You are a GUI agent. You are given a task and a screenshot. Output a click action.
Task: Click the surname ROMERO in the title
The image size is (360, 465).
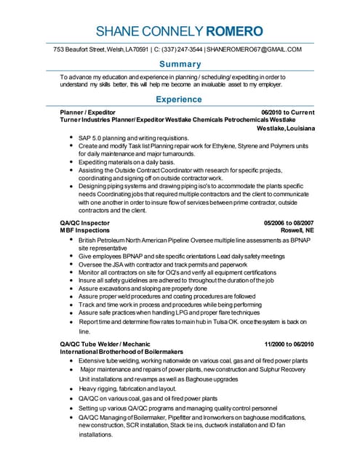coord(235,31)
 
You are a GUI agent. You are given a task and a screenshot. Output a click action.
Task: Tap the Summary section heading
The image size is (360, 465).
coord(180,64)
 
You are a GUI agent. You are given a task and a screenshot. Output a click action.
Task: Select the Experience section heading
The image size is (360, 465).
coord(180,99)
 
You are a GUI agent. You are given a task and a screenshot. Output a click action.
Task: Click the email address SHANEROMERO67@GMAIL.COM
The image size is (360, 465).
coord(254,49)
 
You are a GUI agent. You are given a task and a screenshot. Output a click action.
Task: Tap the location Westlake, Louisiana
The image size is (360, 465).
coord(287,129)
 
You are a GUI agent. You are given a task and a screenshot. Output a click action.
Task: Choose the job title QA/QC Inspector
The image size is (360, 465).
coord(84,222)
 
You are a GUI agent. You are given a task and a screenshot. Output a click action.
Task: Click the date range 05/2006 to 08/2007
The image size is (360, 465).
coord(289,222)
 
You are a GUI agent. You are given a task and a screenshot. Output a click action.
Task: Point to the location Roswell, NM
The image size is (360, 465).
coord(297,230)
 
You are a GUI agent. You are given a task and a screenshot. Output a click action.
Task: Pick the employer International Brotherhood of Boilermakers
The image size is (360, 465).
coord(121,352)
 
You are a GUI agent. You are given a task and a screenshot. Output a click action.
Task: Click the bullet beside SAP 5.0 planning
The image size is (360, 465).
coord(71,138)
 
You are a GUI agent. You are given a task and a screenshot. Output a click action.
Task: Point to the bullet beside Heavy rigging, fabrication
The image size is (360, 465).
coord(71,389)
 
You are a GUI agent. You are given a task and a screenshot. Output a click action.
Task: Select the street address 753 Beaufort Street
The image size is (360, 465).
coord(80,49)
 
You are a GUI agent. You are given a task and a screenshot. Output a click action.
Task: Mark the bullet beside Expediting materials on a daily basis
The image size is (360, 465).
coord(71,162)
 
